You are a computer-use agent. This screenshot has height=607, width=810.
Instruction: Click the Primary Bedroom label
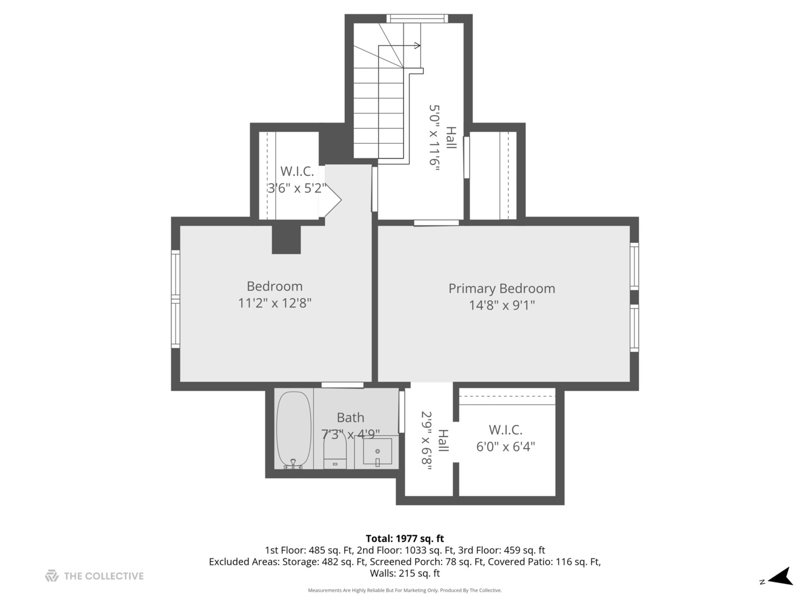501,288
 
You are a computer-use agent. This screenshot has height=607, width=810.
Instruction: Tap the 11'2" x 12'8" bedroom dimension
274,303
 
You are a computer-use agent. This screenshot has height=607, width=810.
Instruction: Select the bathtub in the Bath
293,430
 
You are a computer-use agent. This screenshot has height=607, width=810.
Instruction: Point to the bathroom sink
377,451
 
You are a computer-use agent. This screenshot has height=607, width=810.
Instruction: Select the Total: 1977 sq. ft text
404,538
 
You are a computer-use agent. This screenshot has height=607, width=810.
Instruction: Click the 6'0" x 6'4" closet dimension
505,447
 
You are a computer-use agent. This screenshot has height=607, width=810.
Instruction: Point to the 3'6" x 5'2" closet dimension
296,188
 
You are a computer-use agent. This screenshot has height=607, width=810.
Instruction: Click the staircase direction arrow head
417,46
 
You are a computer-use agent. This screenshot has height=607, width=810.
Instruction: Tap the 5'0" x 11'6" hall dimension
434,137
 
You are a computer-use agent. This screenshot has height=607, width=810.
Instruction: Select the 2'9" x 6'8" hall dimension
427,441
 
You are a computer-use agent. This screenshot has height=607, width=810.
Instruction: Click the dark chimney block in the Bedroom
286,239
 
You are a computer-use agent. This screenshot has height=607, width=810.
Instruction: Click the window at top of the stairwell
417,19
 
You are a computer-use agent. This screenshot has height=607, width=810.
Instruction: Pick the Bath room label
350,418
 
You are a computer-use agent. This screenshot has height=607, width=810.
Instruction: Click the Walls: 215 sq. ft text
404,573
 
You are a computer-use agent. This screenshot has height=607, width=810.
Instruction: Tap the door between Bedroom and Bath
342,385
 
